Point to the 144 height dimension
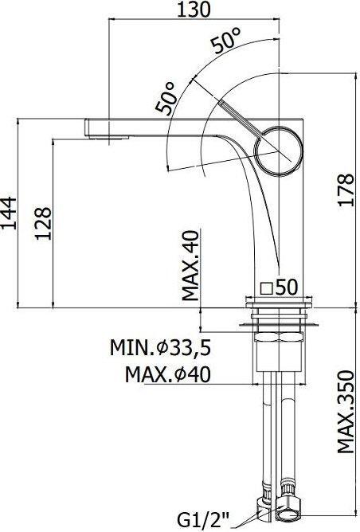pos(10,213)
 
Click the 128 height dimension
pos(44,225)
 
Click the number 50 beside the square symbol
pos(288,287)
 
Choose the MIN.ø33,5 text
pos(165,348)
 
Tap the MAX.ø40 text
pos(173,374)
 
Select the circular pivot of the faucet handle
pos(283,149)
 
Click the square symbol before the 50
pos(268,288)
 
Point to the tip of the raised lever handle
pos(222,104)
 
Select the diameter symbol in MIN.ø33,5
pos(162,348)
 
